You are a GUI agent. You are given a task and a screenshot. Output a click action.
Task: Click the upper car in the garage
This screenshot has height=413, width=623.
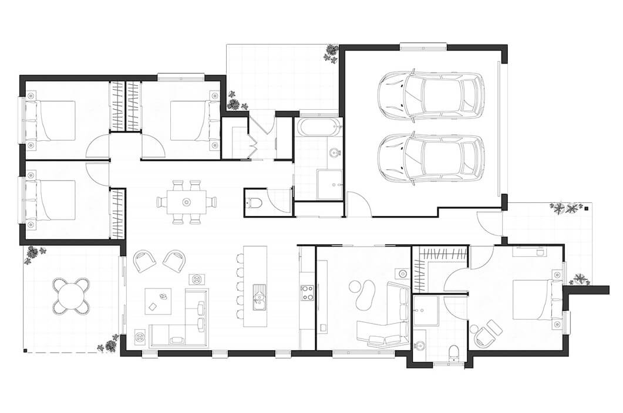432,96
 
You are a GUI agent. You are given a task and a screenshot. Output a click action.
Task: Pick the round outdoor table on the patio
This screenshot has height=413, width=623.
71,296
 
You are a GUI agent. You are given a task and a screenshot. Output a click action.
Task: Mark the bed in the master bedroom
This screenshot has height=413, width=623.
533,299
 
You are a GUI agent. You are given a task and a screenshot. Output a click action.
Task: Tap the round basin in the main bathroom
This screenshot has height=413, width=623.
335,154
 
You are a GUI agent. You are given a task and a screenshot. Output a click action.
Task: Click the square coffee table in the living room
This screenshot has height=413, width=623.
158,301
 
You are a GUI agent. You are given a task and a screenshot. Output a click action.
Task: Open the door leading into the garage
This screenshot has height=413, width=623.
358,205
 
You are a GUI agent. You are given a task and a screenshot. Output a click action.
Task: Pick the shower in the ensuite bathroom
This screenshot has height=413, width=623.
425,310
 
